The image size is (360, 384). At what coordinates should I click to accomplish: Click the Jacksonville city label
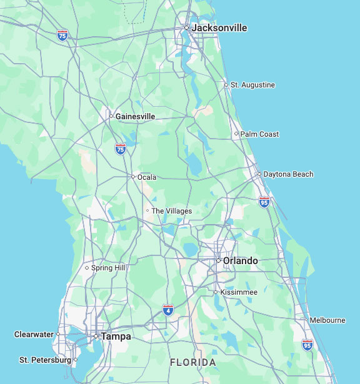219,28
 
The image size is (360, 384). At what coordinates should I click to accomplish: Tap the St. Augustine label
252,85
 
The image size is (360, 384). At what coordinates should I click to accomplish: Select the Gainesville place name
135,117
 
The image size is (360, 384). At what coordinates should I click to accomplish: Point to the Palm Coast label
259,134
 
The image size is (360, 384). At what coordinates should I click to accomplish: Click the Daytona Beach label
288,174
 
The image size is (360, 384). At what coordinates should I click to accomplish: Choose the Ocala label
147,177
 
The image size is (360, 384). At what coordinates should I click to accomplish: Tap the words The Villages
171,211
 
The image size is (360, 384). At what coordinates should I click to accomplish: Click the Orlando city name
240,261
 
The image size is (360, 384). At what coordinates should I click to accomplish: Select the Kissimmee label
238,292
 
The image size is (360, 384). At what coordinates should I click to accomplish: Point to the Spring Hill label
108,268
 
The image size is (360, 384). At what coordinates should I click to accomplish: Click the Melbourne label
327,320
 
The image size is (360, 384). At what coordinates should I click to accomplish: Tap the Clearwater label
34,335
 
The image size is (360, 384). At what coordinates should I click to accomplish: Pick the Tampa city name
116,337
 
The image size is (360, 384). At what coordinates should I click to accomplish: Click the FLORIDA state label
193,363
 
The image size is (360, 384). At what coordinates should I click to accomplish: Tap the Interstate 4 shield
168,310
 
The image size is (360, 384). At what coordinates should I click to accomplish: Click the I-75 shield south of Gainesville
121,149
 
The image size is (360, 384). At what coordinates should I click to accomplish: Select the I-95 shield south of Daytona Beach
264,202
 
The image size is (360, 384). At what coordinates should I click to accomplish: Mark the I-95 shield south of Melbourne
307,345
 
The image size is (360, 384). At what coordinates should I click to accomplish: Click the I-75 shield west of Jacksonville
62,35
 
